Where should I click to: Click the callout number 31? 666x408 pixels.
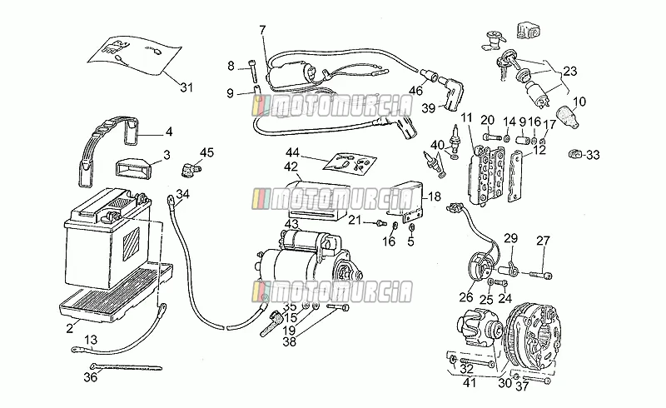(x=186, y=87)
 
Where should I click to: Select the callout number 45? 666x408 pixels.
(x=206, y=152)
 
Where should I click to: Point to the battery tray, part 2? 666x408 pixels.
(x=117, y=293)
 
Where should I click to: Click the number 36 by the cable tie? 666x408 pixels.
(x=91, y=376)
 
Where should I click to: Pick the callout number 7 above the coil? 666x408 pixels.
(x=262, y=30)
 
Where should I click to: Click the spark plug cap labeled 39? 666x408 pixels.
(x=451, y=92)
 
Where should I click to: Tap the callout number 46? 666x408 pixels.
(x=415, y=90)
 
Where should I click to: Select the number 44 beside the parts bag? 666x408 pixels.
(x=293, y=152)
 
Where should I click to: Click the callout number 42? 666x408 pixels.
(x=291, y=167)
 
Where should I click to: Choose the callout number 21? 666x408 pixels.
(x=355, y=220)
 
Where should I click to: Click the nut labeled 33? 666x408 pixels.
(x=574, y=153)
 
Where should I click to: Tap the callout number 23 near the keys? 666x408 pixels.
(x=570, y=71)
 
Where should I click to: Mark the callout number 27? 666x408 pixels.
(x=543, y=241)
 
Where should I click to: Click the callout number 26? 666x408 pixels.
(x=466, y=297)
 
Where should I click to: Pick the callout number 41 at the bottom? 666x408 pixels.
(x=470, y=383)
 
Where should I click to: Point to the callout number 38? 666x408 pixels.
(x=289, y=341)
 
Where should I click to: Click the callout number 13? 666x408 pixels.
(x=91, y=340)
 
